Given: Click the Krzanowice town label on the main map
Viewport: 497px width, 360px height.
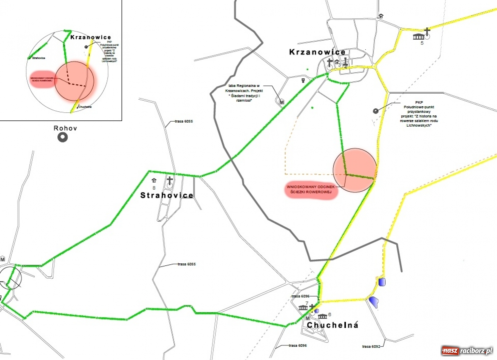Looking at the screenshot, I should pyautogui.click(x=317, y=52).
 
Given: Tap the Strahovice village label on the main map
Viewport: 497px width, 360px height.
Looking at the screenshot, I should pyautogui.click(x=166, y=195).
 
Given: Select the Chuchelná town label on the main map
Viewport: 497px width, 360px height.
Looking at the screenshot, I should pyautogui.click(x=332, y=325).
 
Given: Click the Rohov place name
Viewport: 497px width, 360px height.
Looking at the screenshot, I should pyautogui.click(x=65, y=128).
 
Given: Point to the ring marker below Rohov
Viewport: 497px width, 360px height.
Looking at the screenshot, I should pyautogui.click(x=63, y=137).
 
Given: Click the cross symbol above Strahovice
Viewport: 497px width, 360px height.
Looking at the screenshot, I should pyautogui.click(x=170, y=180).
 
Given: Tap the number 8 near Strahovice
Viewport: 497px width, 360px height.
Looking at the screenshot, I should pyautogui.click(x=154, y=188).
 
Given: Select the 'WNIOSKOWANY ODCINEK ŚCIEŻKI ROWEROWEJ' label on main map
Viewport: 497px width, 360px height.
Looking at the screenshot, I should pyautogui.click(x=311, y=189).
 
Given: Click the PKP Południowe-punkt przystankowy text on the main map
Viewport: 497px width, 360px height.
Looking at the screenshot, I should pyautogui.click(x=419, y=114).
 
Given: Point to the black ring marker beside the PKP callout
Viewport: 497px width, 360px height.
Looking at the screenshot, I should pyautogui.click(x=376, y=111).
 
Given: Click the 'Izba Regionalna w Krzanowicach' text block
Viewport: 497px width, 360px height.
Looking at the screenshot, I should pyautogui.click(x=244, y=93).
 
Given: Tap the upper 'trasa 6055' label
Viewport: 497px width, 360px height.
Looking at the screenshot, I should pyautogui.click(x=184, y=121).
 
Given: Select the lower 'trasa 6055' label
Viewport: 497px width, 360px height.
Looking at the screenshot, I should pyautogui.click(x=186, y=264).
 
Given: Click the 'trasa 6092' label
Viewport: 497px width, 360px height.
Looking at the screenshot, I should pyautogui.click(x=371, y=346).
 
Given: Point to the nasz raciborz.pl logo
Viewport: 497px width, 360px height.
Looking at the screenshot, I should pyautogui.click(x=467, y=351).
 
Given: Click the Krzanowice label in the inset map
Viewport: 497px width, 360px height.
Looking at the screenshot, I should pyautogui.click(x=90, y=37).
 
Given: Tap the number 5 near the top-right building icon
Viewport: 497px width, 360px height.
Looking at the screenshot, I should pyautogui.click(x=422, y=43).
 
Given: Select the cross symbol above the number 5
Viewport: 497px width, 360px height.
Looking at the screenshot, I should pyautogui.click(x=427, y=31).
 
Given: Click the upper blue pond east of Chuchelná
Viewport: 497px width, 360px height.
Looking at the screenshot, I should pyautogui.click(x=382, y=282).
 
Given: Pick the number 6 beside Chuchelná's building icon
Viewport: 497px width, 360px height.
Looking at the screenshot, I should pyautogui.click(x=330, y=314).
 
